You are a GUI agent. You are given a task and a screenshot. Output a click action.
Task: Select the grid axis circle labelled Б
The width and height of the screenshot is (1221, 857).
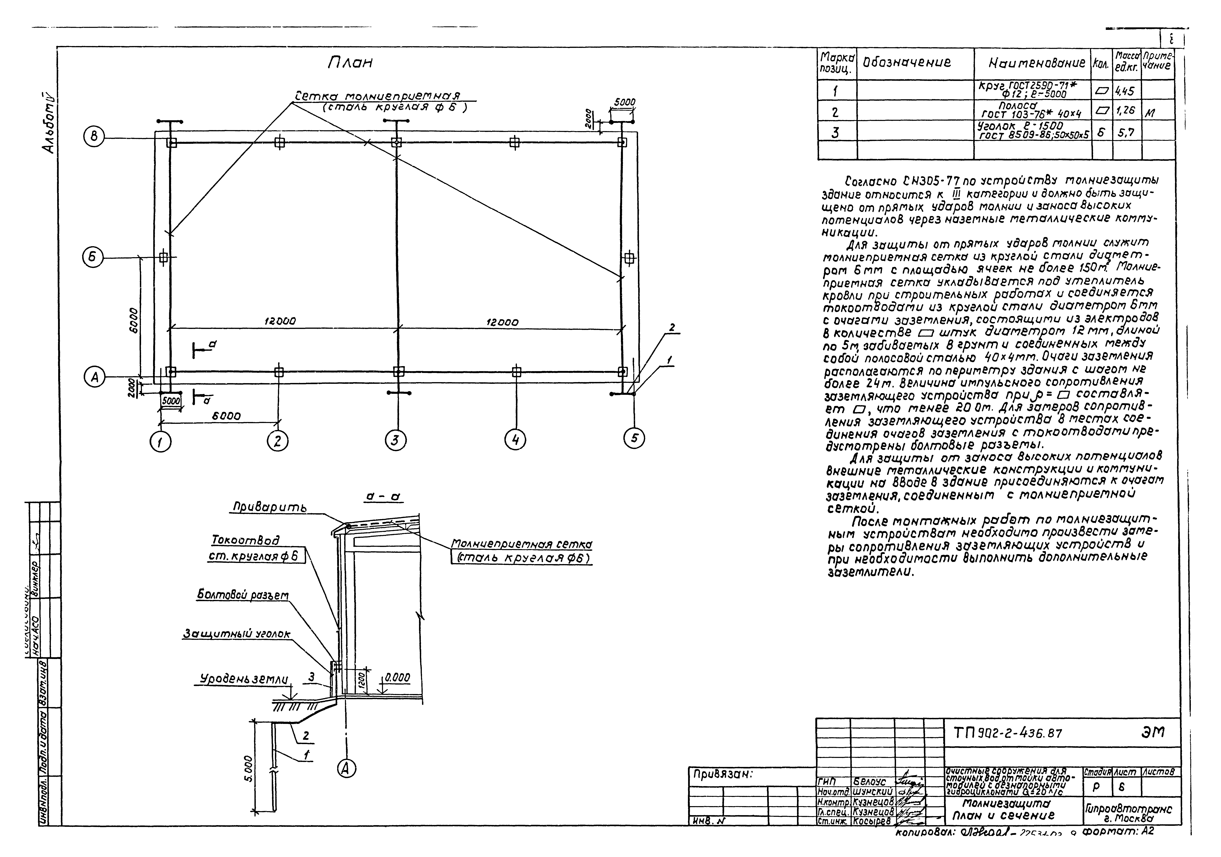point(93,258)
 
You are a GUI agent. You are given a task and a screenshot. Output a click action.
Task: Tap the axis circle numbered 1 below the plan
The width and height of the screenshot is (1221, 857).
point(161,441)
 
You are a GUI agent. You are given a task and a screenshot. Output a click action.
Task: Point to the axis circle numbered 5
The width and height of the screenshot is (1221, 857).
point(634,438)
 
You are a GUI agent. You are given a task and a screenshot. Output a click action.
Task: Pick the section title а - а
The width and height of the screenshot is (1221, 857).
point(384,496)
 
